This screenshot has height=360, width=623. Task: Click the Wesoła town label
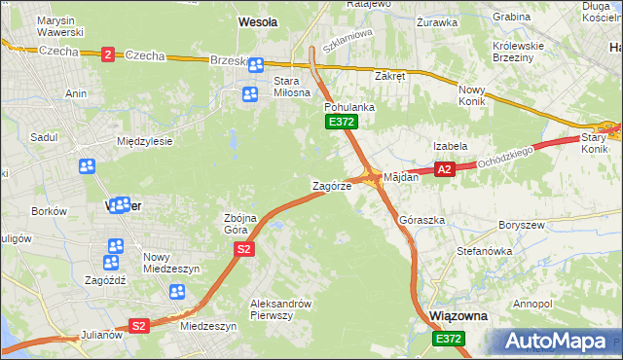(258, 20)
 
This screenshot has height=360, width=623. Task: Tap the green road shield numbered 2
(107, 55)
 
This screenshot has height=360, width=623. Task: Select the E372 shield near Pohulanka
(342, 122)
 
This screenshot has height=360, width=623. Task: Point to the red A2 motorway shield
(444, 169)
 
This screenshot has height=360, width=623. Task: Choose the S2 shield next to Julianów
(139, 326)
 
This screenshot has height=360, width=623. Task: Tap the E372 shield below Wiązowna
(449, 338)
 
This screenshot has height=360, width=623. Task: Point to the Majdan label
(400, 178)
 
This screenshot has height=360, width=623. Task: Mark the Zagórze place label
(331, 185)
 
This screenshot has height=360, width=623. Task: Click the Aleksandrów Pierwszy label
(279, 308)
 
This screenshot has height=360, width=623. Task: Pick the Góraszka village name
(421, 220)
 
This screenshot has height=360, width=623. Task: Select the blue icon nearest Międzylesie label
(87, 166)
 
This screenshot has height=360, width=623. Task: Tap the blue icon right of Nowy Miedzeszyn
(177, 291)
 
